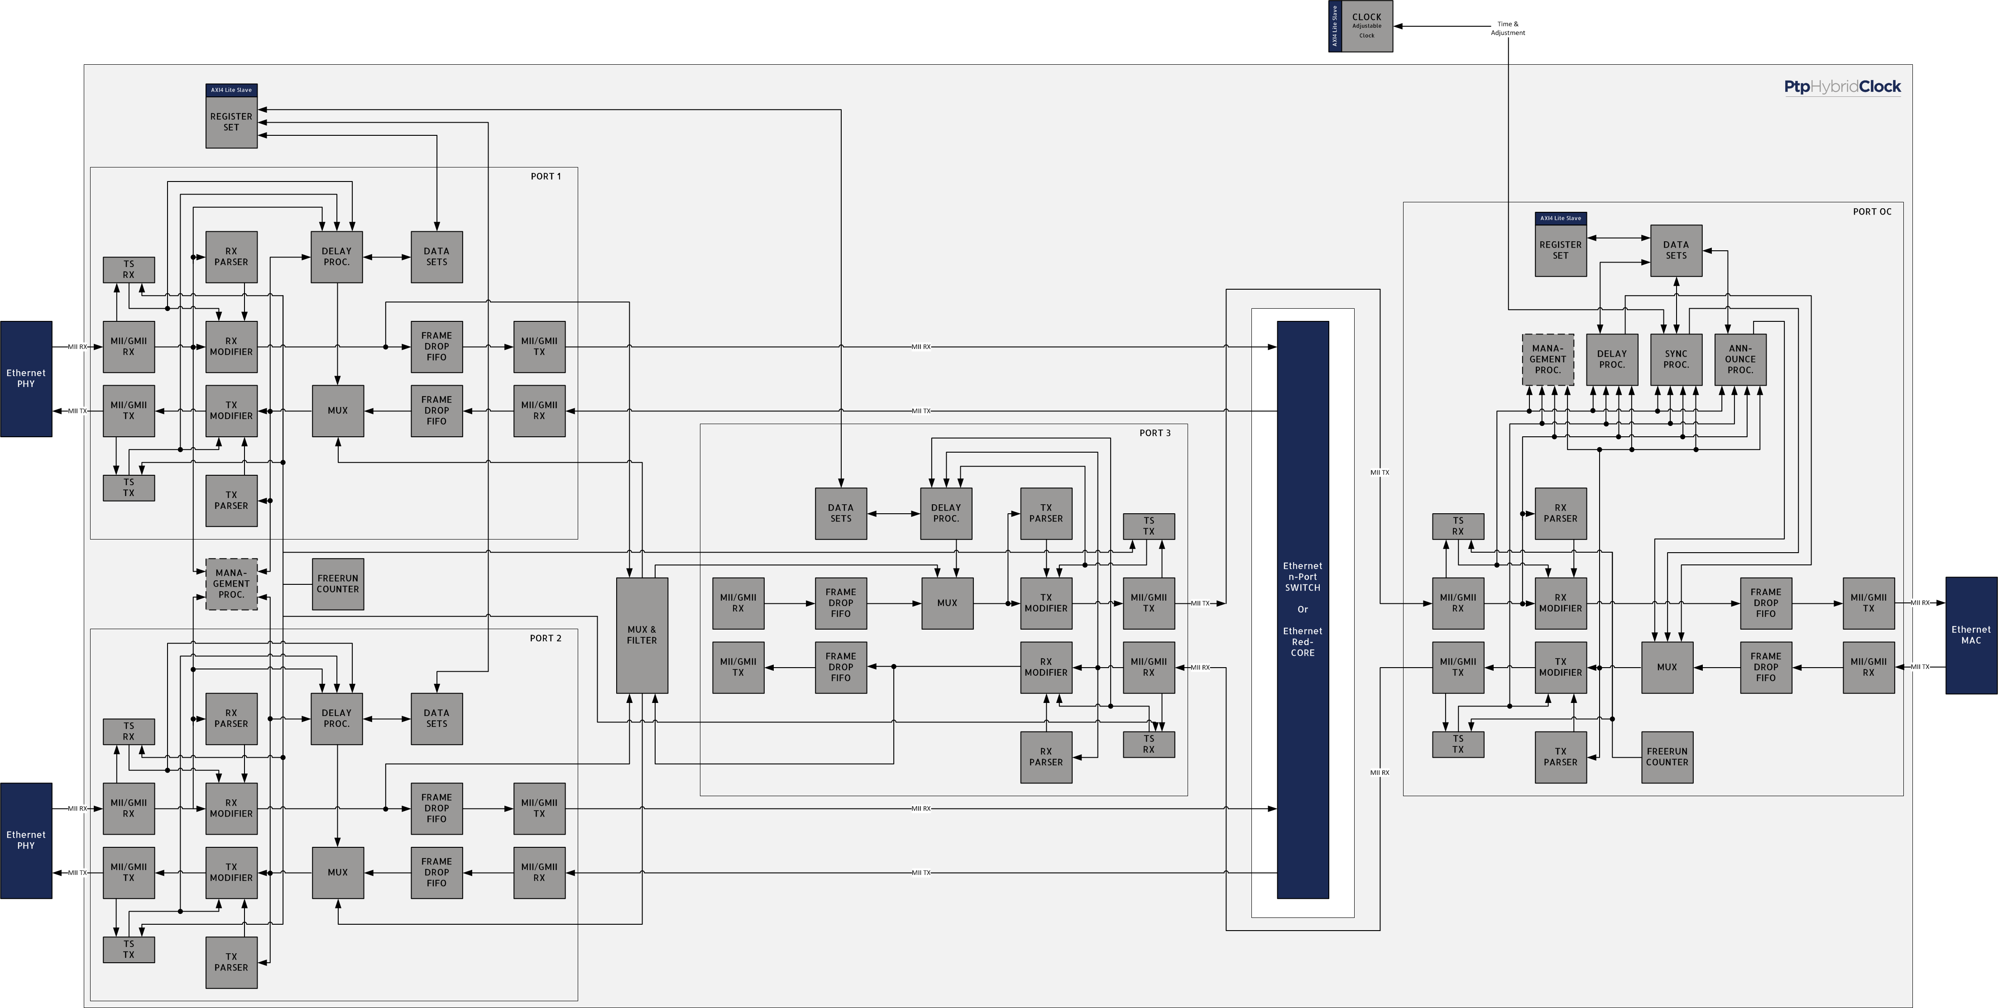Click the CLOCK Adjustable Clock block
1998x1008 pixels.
point(1361,26)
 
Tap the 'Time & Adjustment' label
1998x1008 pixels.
point(1508,28)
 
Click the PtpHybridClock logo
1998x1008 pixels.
point(1842,87)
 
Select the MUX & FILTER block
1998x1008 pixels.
point(642,635)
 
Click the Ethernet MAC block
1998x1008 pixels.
point(1971,635)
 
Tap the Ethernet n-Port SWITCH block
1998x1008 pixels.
point(1303,609)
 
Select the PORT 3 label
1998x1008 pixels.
point(1155,433)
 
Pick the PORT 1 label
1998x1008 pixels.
point(546,176)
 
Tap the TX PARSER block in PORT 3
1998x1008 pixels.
point(1046,513)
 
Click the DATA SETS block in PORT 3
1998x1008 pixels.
point(841,513)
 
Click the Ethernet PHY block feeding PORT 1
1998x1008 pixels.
point(26,378)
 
